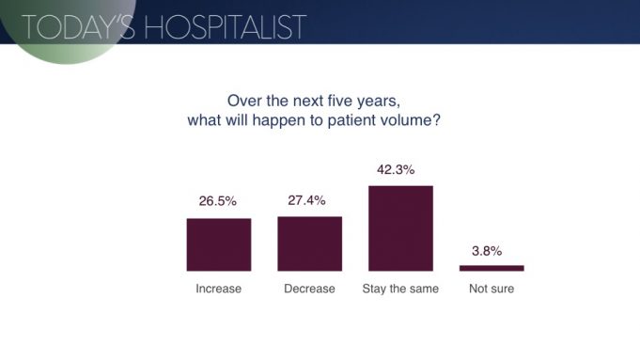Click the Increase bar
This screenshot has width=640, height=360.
coord(218,244)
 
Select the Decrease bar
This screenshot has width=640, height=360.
coord(309,243)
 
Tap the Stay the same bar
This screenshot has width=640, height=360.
coord(400,228)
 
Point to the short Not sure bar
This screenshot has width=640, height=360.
coord(492,268)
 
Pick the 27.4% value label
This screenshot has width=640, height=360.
coord(309,200)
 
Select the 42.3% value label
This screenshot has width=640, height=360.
coord(400,170)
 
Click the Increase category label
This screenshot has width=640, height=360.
coord(218,289)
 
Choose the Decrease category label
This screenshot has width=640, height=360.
coord(309,289)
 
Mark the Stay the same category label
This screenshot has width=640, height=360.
coord(400,289)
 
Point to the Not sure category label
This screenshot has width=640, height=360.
coord(492,289)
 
